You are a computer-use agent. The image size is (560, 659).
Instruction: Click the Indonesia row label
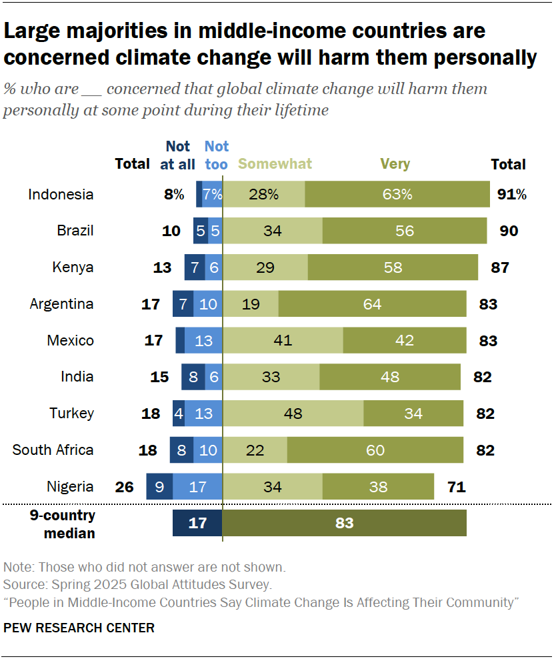coord(61,195)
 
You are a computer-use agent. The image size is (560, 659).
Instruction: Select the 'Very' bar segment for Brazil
coord(404,231)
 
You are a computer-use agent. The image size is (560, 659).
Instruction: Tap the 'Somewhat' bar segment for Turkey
coord(293,414)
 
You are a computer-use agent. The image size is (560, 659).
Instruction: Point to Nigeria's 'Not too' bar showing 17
coord(197,487)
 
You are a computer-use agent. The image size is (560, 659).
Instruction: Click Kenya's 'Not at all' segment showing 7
coord(195,267)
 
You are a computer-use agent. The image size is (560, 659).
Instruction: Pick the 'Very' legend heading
coord(395,164)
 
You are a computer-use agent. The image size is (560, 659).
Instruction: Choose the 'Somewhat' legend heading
coord(275,164)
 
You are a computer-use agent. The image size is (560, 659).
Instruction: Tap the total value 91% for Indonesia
coord(511,195)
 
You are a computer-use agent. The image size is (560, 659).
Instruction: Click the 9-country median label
coord(69,524)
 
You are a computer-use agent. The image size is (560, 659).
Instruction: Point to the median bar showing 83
coord(344,524)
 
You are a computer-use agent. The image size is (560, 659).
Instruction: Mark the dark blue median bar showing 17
coord(197,524)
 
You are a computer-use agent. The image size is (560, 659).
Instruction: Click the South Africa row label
coord(53,450)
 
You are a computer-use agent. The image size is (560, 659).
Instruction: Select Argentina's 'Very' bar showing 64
coord(372,304)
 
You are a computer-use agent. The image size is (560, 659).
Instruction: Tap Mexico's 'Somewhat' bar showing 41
coord(283,341)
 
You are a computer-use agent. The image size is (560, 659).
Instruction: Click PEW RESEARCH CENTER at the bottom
coord(79,628)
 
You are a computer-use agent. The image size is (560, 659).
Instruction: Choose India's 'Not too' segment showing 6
coord(213,377)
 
